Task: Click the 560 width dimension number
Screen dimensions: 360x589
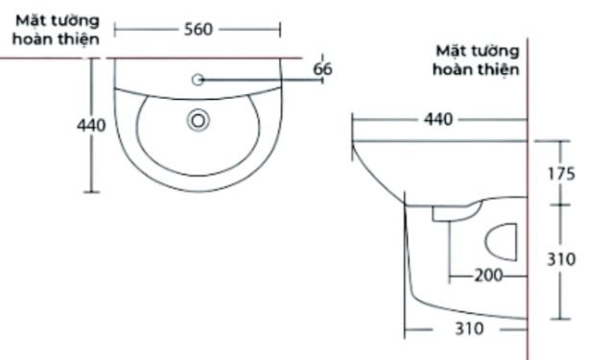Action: pyautogui.click(x=198, y=29)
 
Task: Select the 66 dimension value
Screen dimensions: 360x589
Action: pyautogui.click(x=322, y=68)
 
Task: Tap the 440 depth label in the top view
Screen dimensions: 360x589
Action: pyautogui.click(x=92, y=126)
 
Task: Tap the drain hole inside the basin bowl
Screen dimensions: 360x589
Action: pyautogui.click(x=199, y=120)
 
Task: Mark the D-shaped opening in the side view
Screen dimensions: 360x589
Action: pyautogui.click(x=504, y=239)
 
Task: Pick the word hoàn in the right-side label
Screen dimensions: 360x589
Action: pyautogui.click(x=453, y=69)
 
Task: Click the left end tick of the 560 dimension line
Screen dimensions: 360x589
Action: pyautogui.click(x=115, y=29)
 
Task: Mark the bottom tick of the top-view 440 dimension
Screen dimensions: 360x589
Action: pyautogui.click(x=92, y=192)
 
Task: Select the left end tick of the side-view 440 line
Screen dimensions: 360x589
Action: pyautogui.click(x=352, y=120)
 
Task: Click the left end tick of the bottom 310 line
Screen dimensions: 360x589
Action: pyautogui.click(x=406, y=329)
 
